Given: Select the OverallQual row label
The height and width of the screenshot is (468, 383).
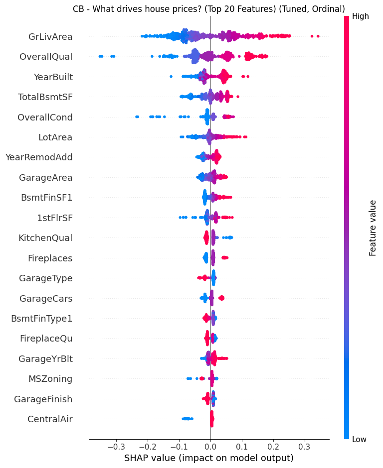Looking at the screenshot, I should (x=46, y=57).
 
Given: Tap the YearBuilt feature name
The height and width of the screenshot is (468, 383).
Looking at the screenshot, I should (x=53, y=77).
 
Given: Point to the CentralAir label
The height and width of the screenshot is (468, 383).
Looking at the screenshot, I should (x=50, y=419).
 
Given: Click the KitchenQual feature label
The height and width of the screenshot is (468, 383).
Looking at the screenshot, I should (x=45, y=237).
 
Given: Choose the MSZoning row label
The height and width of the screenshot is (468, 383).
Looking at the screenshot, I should (x=50, y=379).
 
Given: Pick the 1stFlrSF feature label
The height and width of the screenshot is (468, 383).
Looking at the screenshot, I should (x=54, y=218).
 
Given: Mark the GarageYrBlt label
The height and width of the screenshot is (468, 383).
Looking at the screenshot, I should (x=45, y=358).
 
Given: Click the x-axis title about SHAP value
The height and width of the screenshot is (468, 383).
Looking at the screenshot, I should (x=209, y=458).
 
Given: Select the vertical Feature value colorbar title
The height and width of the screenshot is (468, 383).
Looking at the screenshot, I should (x=373, y=228).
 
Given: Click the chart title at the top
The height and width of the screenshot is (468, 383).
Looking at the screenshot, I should (x=208, y=9).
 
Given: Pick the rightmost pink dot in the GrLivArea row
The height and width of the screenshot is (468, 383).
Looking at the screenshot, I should (x=318, y=36).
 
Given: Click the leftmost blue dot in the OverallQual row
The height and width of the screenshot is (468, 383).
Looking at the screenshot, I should (x=100, y=56).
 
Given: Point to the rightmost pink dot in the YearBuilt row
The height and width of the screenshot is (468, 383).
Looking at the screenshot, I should (x=248, y=76).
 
